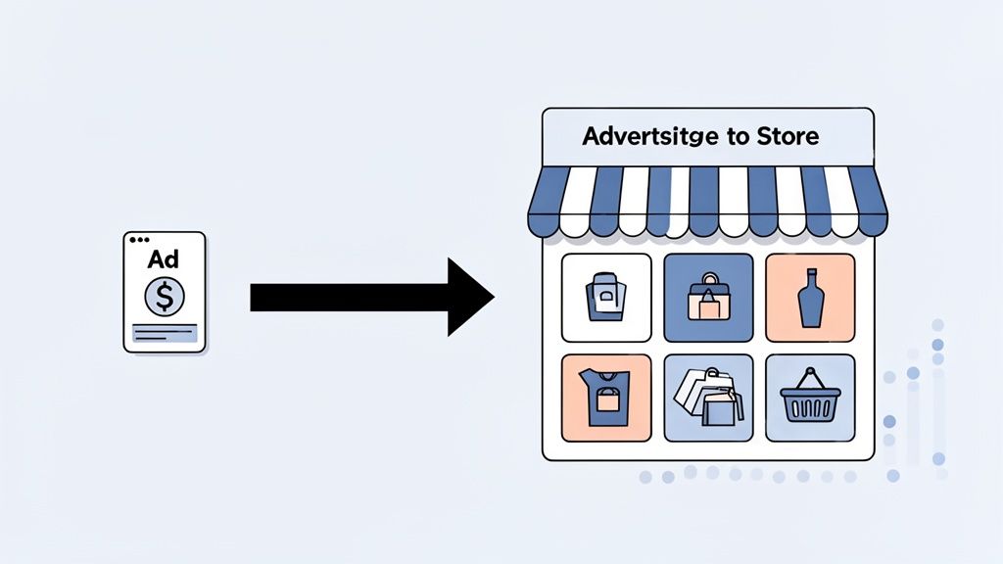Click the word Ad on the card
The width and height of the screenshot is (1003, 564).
coord(164,261)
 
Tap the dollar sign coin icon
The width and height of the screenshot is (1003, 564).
coord(164,296)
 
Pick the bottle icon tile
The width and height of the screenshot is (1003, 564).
coord(809,298)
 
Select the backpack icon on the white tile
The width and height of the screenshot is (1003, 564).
coord(606,298)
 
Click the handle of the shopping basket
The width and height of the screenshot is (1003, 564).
coord(809,379)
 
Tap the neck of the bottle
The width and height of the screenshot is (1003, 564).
coord(809,279)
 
